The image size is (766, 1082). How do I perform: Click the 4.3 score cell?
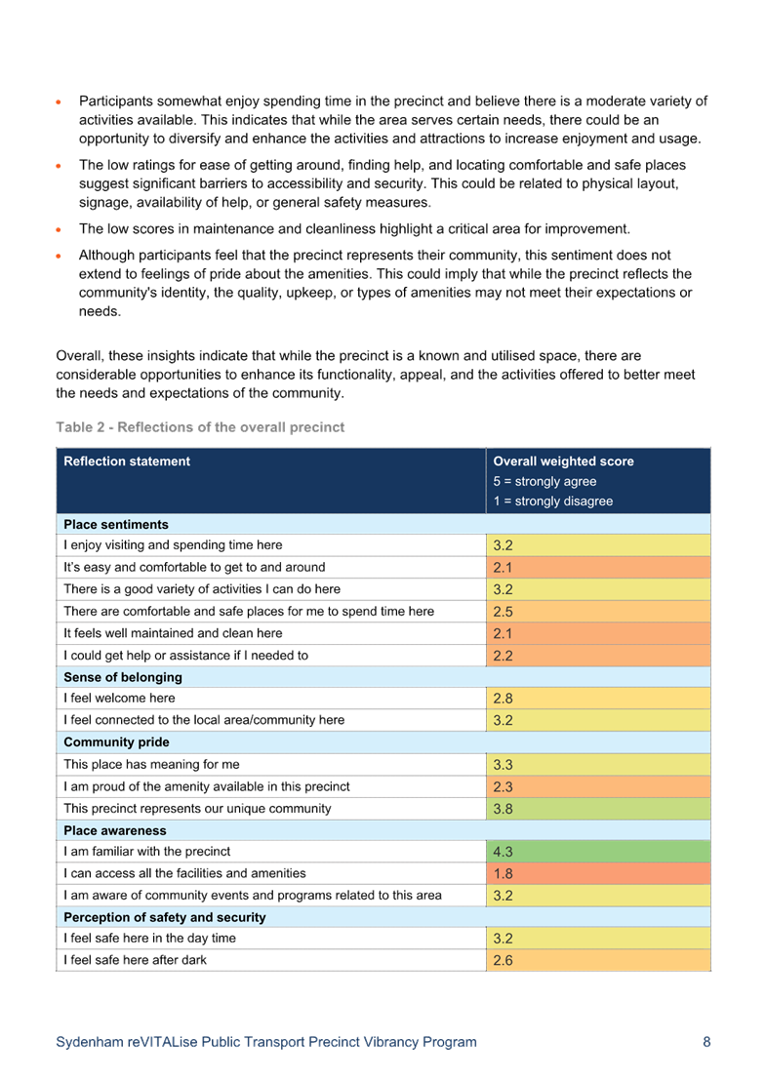(x=597, y=851)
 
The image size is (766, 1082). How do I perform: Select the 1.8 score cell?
(x=597, y=873)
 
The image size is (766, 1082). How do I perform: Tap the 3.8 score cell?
(x=597, y=808)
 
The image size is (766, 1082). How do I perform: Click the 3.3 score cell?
(x=597, y=764)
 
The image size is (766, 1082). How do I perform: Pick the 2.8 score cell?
(x=597, y=699)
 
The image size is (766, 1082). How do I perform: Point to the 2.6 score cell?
(x=597, y=960)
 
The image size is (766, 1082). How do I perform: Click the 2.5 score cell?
(x=597, y=611)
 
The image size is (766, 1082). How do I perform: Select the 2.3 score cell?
(x=597, y=786)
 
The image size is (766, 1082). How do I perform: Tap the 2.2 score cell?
(x=597, y=656)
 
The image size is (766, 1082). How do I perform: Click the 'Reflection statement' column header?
(x=127, y=461)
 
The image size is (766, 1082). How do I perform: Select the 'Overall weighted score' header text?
(x=563, y=461)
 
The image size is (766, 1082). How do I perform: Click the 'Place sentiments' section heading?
(x=116, y=524)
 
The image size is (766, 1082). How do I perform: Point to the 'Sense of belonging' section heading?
(x=123, y=677)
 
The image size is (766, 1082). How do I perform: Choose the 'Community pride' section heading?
(x=116, y=742)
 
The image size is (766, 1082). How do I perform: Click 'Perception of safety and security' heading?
(x=165, y=917)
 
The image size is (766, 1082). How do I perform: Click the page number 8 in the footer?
(x=706, y=1042)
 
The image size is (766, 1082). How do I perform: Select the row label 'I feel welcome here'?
(x=120, y=699)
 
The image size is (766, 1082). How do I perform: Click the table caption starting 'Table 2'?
(x=200, y=427)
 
